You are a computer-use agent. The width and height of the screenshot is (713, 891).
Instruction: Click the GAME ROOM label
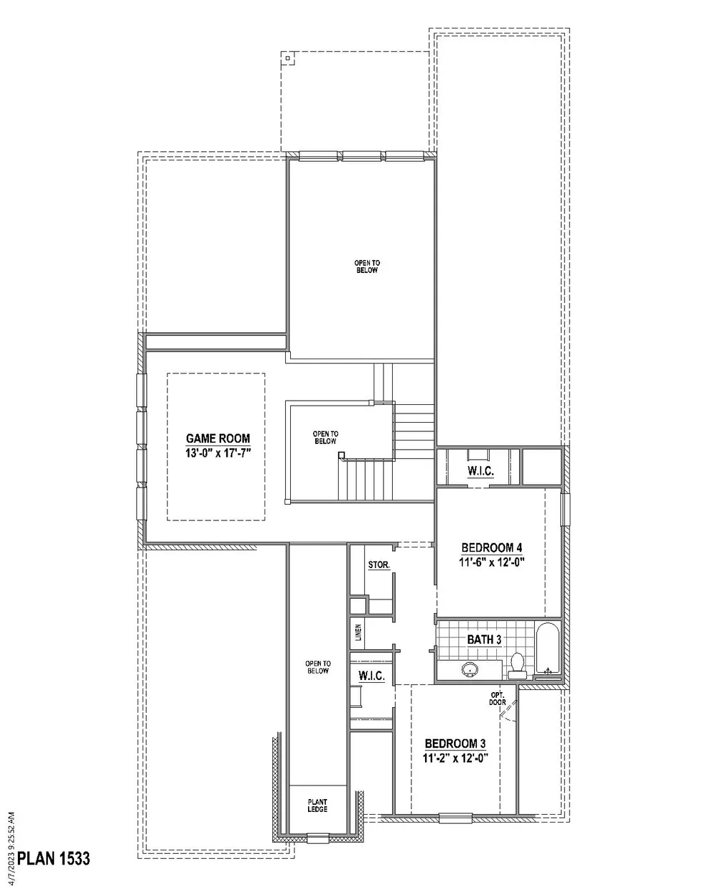pyautogui.click(x=218, y=439)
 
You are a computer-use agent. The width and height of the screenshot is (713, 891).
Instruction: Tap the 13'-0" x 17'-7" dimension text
pyautogui.click(x=218, y=453)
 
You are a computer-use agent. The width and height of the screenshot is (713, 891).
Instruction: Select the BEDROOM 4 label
pyautogui.click(x=492, y=547)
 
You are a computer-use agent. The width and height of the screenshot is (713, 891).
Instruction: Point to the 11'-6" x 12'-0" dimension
pyautogui.click(x=492, y=561)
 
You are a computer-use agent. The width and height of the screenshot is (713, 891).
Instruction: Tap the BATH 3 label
pyautogui.click(x=484, y=639)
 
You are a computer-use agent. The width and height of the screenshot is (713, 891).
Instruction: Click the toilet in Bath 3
pyautogui.click(x=518, y=665)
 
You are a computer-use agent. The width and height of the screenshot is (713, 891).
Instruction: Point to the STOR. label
pyautogui.click(x=379, y=565)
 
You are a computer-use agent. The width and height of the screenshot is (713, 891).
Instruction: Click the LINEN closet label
pyautogui.click(x=359, y=632)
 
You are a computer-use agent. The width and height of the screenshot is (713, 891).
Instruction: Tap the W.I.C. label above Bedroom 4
pyautogui.click(x=481, y=472)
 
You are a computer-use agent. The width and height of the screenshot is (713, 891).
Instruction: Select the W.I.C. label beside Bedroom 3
pyautogui.click(x=371, y=676)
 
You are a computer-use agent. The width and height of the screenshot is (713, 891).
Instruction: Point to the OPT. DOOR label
pyautogui.click(x=498, y=699)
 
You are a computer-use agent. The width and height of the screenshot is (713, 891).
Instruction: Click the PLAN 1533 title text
pyautogui.click(x=53, y=857)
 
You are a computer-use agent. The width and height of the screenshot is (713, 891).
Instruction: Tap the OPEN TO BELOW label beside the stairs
pyautogui.click(x=325, y=437)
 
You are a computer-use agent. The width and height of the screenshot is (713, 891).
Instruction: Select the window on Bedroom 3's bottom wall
pyautogui.click(x=458, y=818)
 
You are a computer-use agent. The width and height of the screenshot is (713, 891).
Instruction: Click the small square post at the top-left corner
pyautogui.click(x=287, y=58)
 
